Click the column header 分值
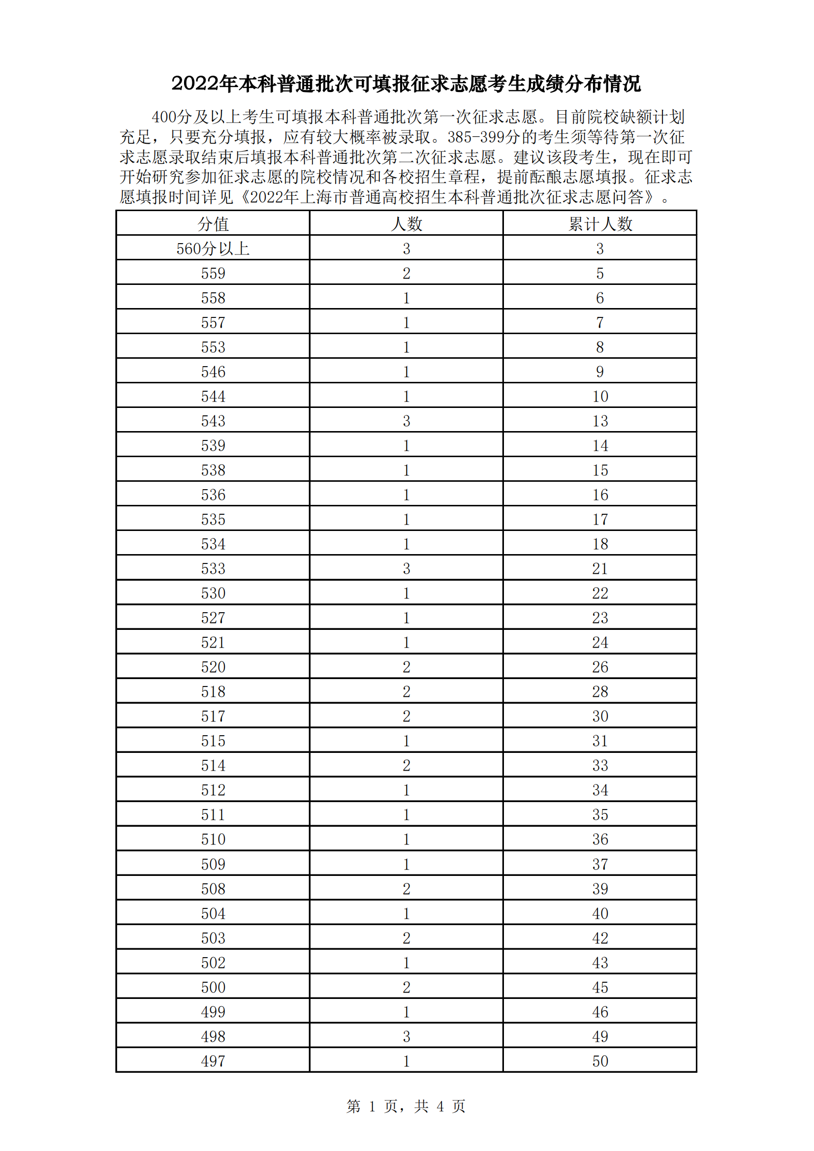tap(213, 223)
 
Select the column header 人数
tap(407, 223)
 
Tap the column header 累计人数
tap(600, 223)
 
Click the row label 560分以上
tap(213, 249)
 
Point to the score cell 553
tap(213, 347)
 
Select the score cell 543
tap(213, 421)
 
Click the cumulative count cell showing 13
tap(600, 421)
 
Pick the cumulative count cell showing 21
tap(600, 568)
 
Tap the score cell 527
tap(213, 618)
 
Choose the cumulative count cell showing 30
tap(600, 716)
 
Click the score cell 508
tap(213, 889)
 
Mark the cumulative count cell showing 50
tap(600, 1061)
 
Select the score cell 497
tap(213, 1061)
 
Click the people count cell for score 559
tap(407, 273)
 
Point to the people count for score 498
tap(407, 1036)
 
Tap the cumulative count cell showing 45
tap(600, 987)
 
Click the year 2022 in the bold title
tap(191, 84)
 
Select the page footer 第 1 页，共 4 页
tap(406, 1106)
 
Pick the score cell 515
tap(213, 741)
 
